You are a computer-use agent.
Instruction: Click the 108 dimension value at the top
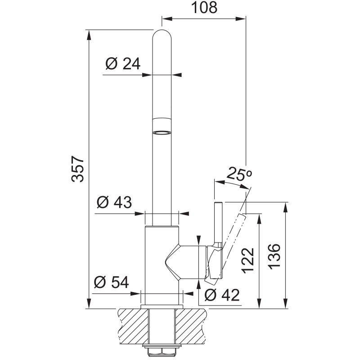[204, 7]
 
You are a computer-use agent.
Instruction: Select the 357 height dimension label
[77, 170]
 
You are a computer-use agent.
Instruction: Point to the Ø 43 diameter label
[114, 202]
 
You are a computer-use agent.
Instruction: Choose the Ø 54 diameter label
[111, 282]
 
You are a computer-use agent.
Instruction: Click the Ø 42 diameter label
[222, 295]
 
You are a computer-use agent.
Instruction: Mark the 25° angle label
[239, 174]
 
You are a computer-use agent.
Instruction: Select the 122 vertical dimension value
[248, 261]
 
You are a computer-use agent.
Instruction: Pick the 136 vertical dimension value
[274, 256]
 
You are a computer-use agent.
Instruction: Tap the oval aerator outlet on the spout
[162, 133]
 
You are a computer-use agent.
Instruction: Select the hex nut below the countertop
[162, 351]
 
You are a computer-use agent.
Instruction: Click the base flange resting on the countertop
[162, 307]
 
